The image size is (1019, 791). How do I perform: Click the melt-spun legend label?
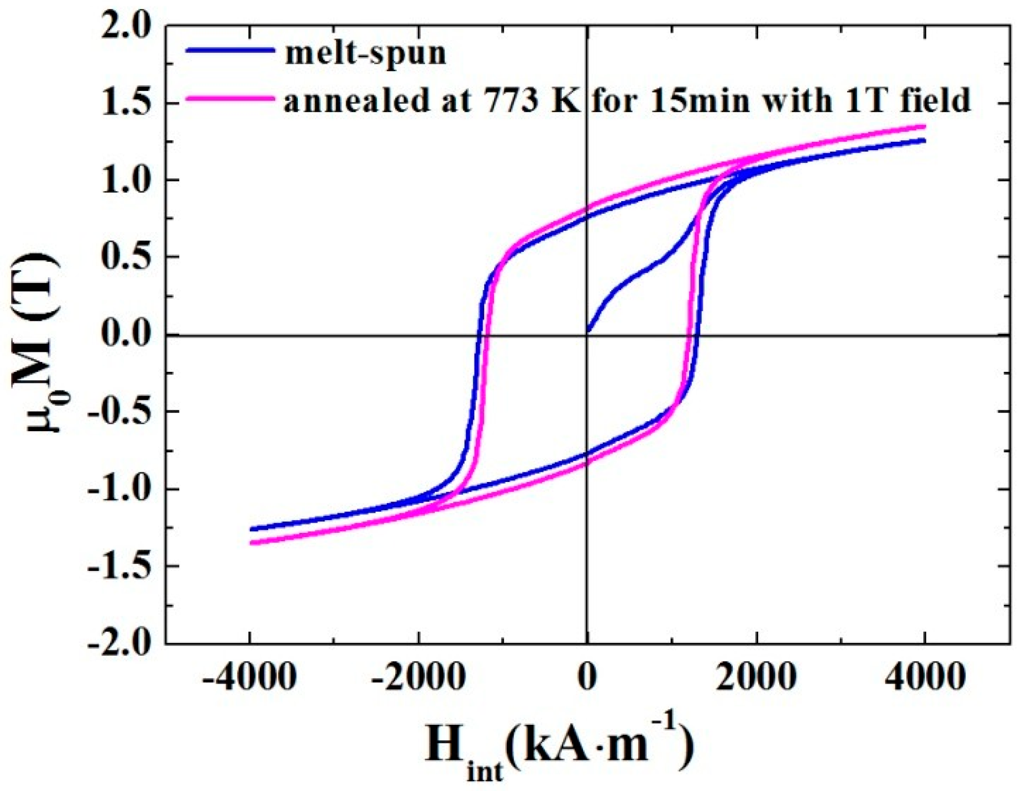tap(365, 53)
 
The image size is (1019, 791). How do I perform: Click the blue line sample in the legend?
tap(231, 51)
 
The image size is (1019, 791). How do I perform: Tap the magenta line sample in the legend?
tap(231, 99)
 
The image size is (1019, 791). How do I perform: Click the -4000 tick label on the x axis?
tap(249, 677)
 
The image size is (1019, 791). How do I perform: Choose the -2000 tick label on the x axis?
tap(418, 677)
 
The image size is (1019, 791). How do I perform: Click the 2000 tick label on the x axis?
tap(757, 677)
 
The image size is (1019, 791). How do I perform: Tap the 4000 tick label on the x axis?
tap(925, 677)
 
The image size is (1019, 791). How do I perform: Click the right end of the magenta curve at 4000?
tap(924, 126)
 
